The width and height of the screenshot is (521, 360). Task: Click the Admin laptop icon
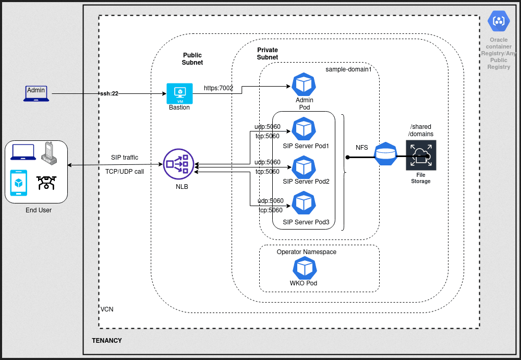[36, 93]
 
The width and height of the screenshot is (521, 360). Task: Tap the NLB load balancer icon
[178, 164]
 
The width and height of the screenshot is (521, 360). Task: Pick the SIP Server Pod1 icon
[304, 128]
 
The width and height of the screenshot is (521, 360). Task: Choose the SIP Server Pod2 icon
[304, 166]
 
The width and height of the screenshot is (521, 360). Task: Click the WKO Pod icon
[304, 268]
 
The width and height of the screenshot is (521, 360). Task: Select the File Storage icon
[421, 154]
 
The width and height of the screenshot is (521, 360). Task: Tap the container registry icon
[499, 21]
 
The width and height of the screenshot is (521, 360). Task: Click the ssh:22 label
[109, 93]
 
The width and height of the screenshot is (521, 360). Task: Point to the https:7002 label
[219, 88]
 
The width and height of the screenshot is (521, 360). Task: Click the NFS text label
[362, 148]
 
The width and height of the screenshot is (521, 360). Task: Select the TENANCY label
[106, 341]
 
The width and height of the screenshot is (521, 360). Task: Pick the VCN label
[107, 309]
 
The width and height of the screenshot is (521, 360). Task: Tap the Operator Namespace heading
[307, 252]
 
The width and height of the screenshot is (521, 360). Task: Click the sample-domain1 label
[348, 69]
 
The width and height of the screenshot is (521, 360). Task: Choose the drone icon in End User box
[46, 183]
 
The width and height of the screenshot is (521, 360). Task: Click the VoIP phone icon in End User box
[49, 151]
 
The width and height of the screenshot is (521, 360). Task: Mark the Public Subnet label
[192, 59]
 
